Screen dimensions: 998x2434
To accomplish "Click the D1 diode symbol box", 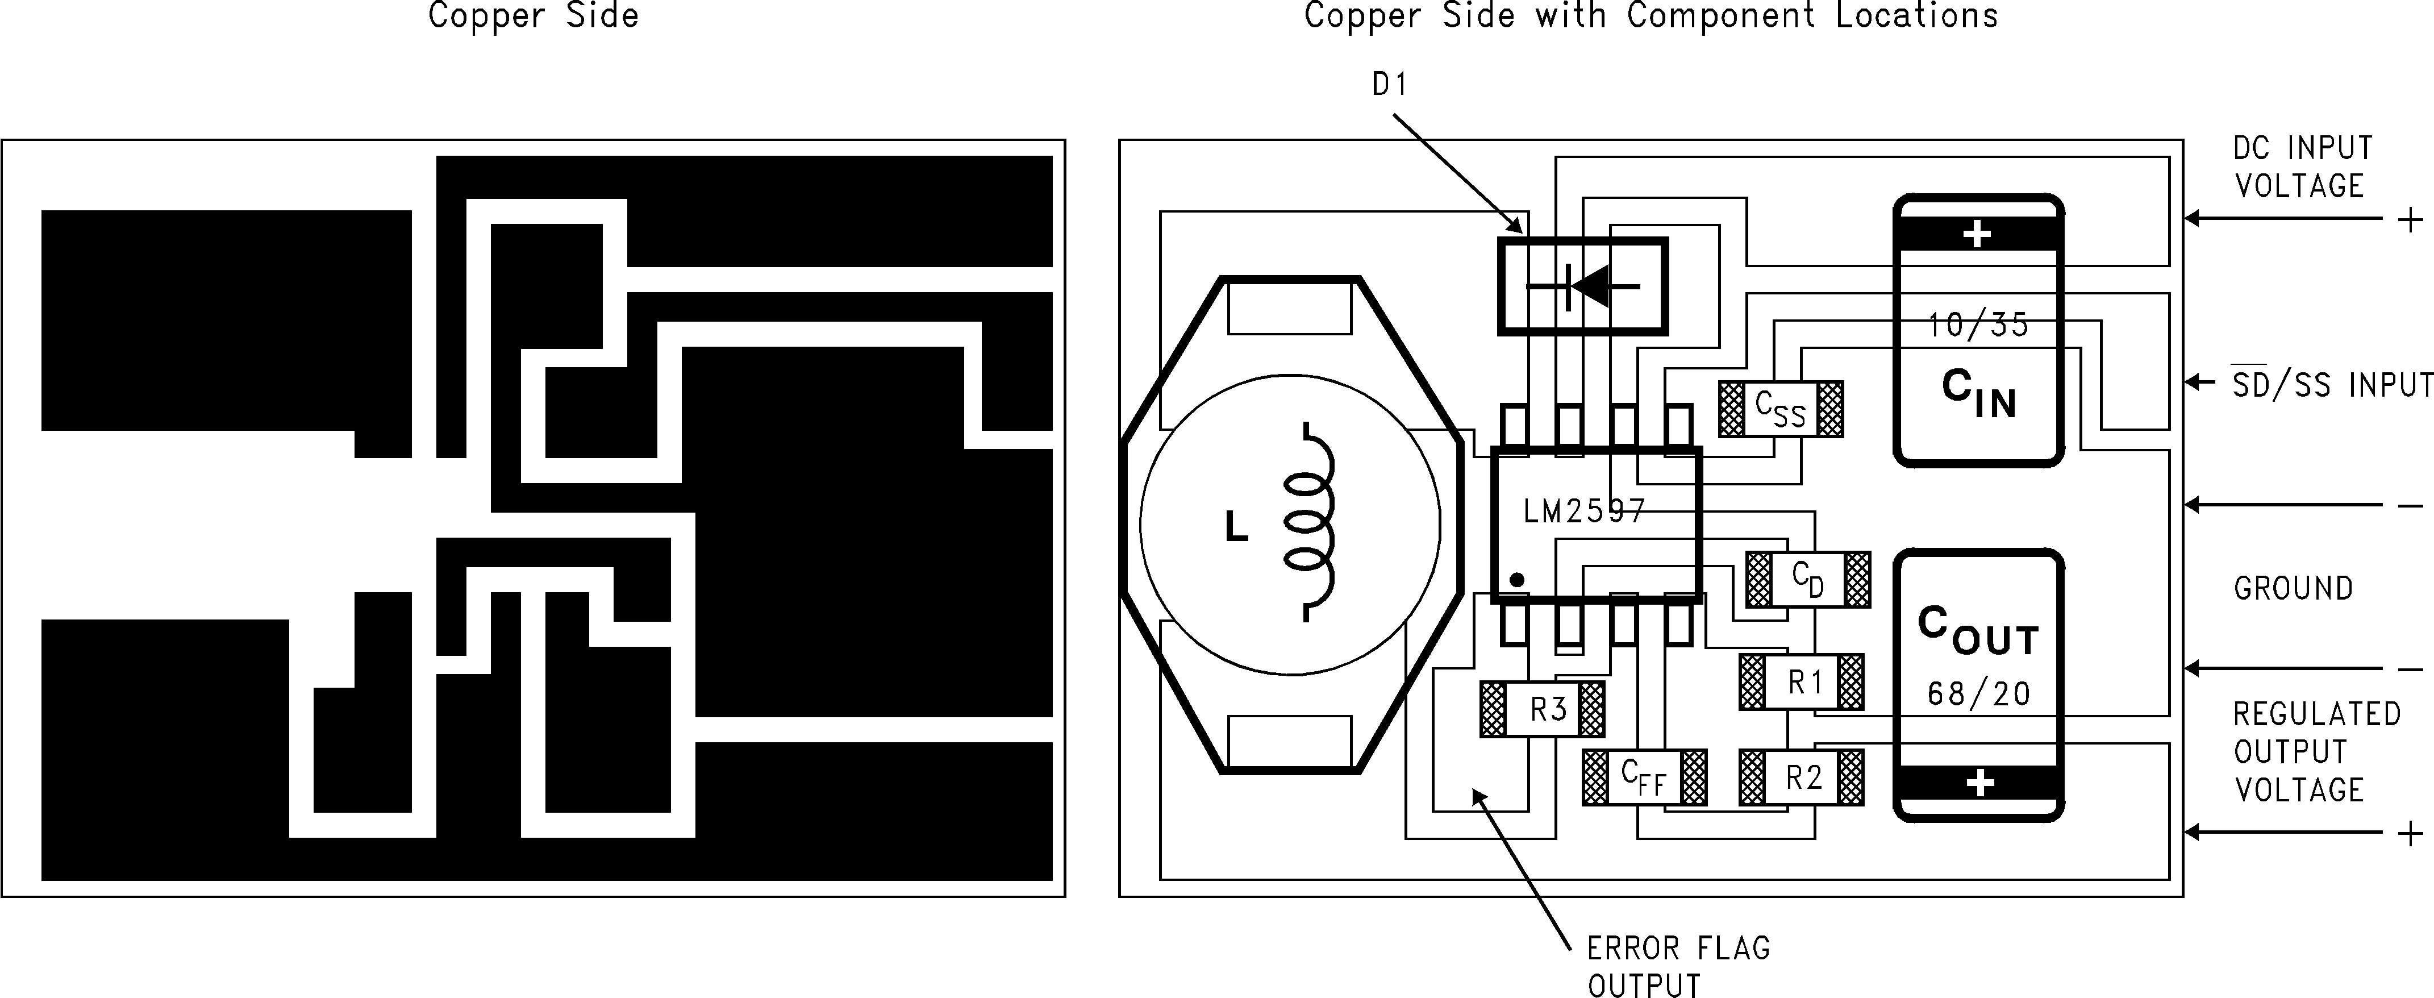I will coord(1583,285).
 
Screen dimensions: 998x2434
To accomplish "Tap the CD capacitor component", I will coord(1807,579).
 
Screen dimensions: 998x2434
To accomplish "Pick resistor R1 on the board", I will coord(1801,681).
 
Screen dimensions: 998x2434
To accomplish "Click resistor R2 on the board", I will coord(1801,778).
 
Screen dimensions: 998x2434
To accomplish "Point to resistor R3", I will coord(1542,709).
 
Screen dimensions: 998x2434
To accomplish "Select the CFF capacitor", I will coord(1644,778).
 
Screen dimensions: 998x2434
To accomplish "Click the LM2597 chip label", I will coord(1585,512).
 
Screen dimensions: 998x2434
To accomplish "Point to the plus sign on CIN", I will coord(1977,234).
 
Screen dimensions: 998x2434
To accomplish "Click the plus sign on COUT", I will coord(1979,784).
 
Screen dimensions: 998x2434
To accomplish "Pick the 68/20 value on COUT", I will coord(1978,695).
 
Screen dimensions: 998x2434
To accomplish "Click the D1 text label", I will coord(1390,85).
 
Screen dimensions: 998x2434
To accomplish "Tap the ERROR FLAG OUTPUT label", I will coord(1677,966).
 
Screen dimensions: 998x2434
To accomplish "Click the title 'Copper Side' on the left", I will coord(533,16).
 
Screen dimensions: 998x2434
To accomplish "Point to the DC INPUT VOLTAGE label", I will coord(2302,167).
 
